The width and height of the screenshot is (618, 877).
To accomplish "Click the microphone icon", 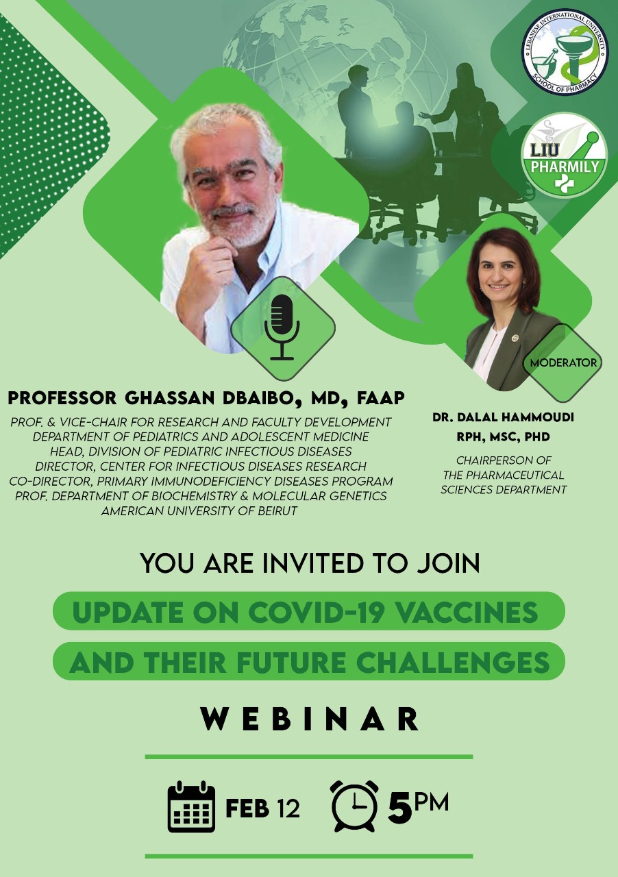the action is click(x=282, y=328).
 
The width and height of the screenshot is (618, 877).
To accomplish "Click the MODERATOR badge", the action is click(x=563, y=362).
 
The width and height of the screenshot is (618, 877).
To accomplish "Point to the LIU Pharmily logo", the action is click(x=565, y=156).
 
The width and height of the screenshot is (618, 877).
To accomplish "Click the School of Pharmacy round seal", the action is click(x=565, y=53).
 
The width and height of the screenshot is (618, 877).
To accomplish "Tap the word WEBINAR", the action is click(x=310, y=719).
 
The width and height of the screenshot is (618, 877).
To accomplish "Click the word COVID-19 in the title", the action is click(x=315, y=613).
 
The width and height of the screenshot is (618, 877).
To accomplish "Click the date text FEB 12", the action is click(x=262, y=808).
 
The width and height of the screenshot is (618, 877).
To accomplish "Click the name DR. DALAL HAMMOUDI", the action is click(x=504, y=417).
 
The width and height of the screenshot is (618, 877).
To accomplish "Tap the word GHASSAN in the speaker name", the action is click(x=170, y=398).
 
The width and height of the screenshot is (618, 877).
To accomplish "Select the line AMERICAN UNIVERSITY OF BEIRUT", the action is click(x=199, y=511).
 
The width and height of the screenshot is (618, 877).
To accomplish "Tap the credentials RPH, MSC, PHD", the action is click(x=504, y=437).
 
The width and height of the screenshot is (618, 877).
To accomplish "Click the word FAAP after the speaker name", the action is click(x=380, y=398).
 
